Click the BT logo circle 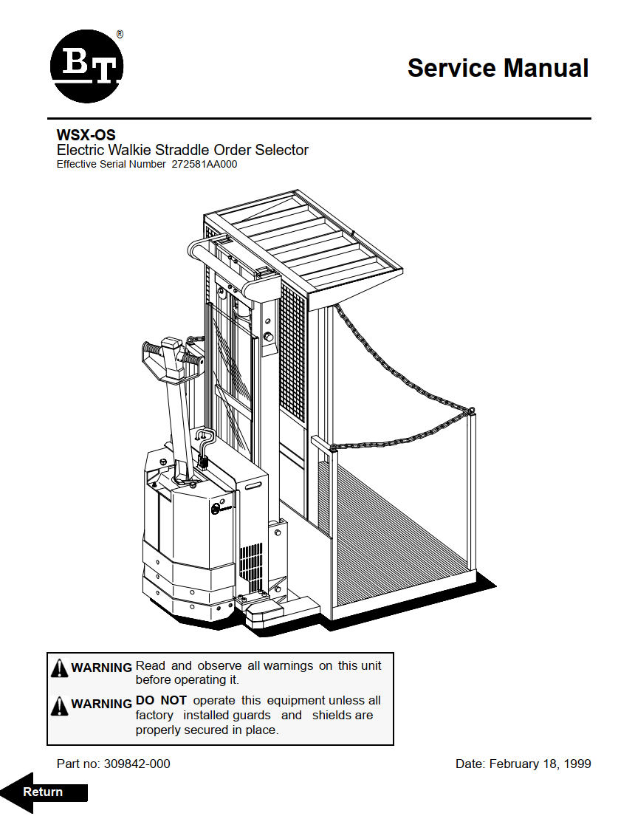pos(86,66)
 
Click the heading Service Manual pos(498,68)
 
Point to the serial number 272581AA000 pos(205,165)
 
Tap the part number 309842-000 pos(137,764)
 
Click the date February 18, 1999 pos(540,764)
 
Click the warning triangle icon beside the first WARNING pos(60,669)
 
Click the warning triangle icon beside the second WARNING pos(60,706)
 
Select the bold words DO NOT pos(161,700)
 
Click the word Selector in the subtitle pos(281,150)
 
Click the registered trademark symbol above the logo pos(120,34)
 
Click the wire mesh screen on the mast pos(293,354)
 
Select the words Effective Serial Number pos(111,165)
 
